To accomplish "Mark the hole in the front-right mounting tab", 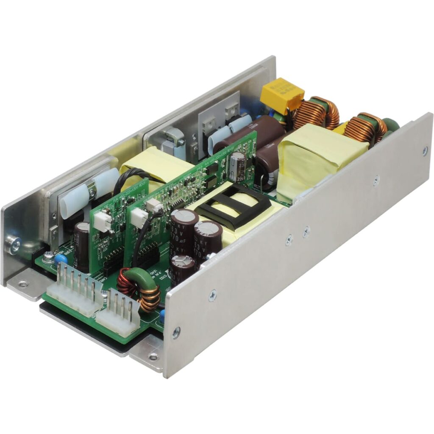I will pos(153,356).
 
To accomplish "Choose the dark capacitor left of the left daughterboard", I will pos(82,246).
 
